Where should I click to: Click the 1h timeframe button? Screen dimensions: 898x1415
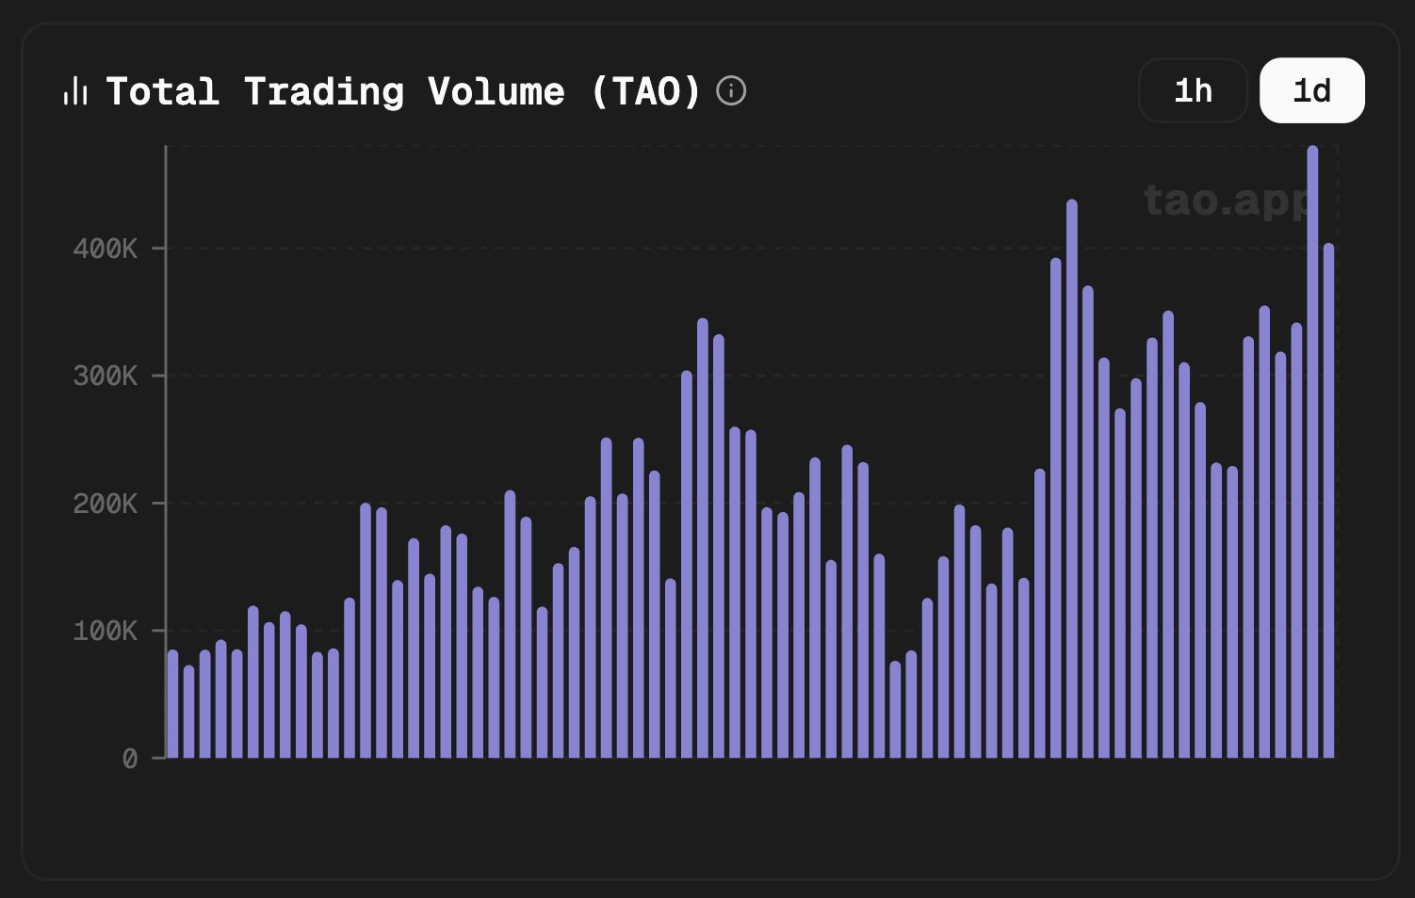coord(1193,90)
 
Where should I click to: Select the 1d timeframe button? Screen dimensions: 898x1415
coord(1311,90)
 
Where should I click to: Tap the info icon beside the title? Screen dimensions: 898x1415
coord(731,91)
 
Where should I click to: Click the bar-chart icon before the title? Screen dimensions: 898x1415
coord(75,92)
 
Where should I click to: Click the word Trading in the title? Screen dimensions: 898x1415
coord(324,92)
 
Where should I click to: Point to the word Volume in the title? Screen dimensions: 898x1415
coord(496,92)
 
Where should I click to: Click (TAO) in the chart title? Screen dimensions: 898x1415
coord(646,92)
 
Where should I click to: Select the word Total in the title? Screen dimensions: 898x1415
coord(163,92)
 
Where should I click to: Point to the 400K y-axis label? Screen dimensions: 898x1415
coord(106,249)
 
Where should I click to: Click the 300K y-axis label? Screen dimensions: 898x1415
coord(106,377)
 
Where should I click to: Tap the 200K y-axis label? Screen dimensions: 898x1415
coord(106,504)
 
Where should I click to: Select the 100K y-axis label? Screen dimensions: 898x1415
coord(106,631)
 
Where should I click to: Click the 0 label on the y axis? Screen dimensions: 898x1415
coord(130,759)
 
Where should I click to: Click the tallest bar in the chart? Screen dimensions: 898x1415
coord(1312,452)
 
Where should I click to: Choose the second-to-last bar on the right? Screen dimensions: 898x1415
coord(1312,452)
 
